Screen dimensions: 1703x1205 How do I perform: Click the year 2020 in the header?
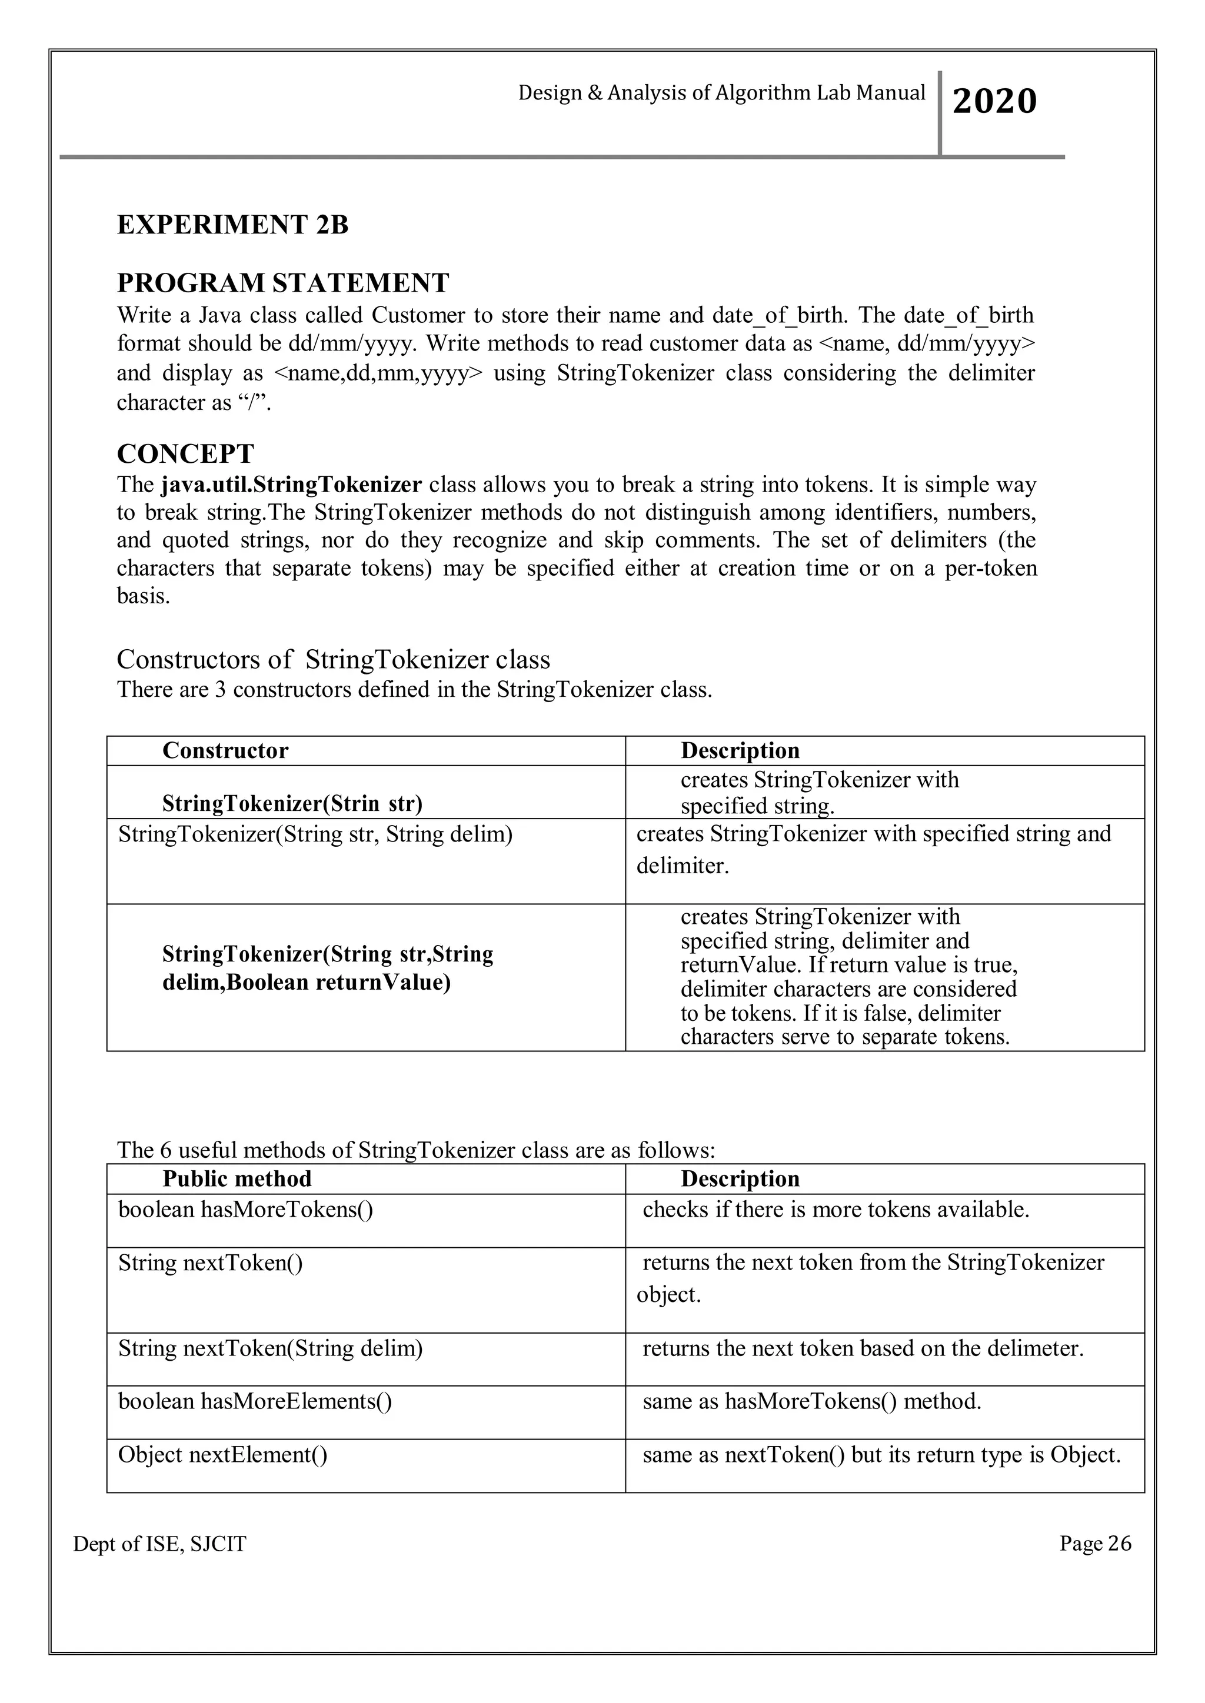click(x=994, y=102)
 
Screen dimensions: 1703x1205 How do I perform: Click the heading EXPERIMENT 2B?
click(x=232, y=225)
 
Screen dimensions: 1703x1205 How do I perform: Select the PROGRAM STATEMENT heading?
click(x=282, y=283)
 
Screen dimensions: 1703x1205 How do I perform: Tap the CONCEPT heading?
click(x=185, y=453)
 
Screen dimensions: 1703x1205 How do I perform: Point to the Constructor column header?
click(x=225, y=750)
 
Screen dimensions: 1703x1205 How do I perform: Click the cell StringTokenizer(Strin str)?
click(x=292, y=803)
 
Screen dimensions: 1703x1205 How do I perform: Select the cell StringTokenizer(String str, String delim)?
click(x=315, y=834)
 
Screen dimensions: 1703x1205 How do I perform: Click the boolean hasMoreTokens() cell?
click(x=245, y=1210)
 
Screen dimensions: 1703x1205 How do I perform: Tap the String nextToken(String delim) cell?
click(x=270, y=1348)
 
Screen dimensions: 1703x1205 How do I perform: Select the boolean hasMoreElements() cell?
click(x=255, y=1401)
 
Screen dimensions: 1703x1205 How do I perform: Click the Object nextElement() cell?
click(x=222, y=1454)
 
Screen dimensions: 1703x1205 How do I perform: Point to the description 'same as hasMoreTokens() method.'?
click(x=811, y=1401)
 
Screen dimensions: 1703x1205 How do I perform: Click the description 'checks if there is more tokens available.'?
click(x=835, y=1210)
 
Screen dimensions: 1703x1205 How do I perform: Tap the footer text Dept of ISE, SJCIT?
click(x=159, y=1544)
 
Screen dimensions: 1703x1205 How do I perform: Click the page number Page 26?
click(x=1095, y=1543)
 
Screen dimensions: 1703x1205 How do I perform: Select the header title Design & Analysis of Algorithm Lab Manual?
click(x=721, y=94)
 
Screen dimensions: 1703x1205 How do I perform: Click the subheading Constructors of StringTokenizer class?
click(x=333, y=659)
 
